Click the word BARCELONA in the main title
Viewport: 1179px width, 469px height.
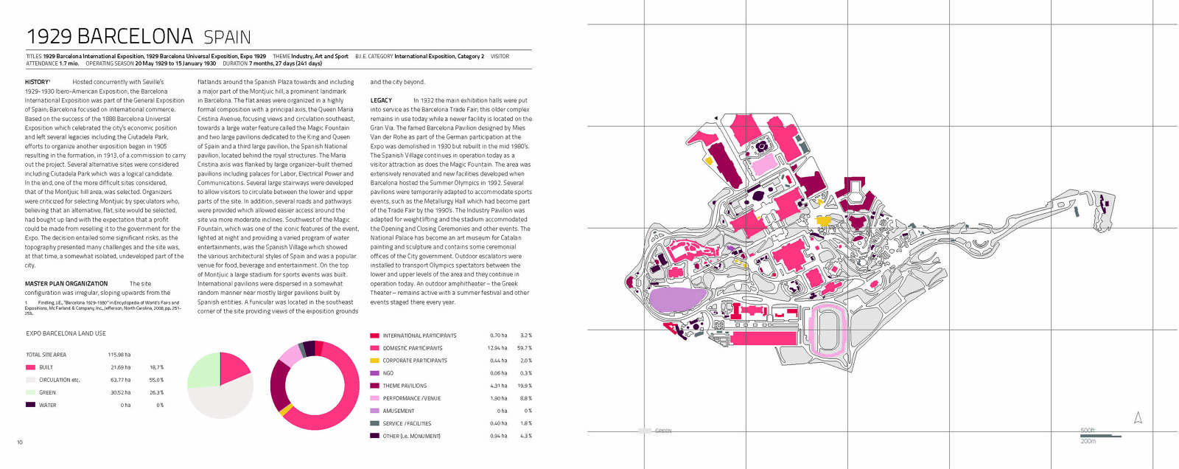135,36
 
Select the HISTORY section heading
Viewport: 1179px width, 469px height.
37,82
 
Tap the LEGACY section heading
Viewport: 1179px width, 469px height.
381,100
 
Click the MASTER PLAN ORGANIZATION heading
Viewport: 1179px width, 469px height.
66,283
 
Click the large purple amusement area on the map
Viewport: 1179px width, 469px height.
676,300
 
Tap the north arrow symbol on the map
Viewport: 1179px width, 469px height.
1138,418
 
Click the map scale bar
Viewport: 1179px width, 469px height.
1100,436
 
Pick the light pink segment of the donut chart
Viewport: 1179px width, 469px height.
290,356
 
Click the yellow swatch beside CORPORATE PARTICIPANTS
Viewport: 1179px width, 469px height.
374,361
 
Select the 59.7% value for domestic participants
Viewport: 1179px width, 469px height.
524,348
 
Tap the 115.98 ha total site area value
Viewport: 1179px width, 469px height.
119,355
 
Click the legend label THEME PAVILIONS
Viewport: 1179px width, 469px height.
405,386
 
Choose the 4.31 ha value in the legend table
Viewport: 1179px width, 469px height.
499,386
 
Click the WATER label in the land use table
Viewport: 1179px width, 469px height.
47,405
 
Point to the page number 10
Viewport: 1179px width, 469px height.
20,442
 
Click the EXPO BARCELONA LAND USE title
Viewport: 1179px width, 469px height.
66,333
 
